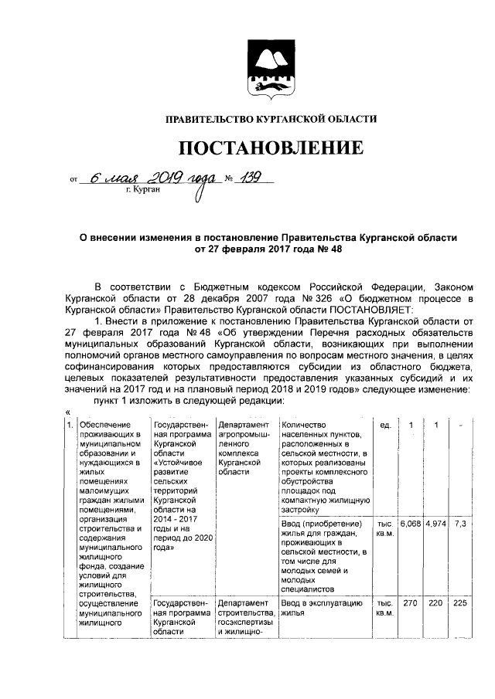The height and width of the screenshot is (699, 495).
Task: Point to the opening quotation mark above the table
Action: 68,411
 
